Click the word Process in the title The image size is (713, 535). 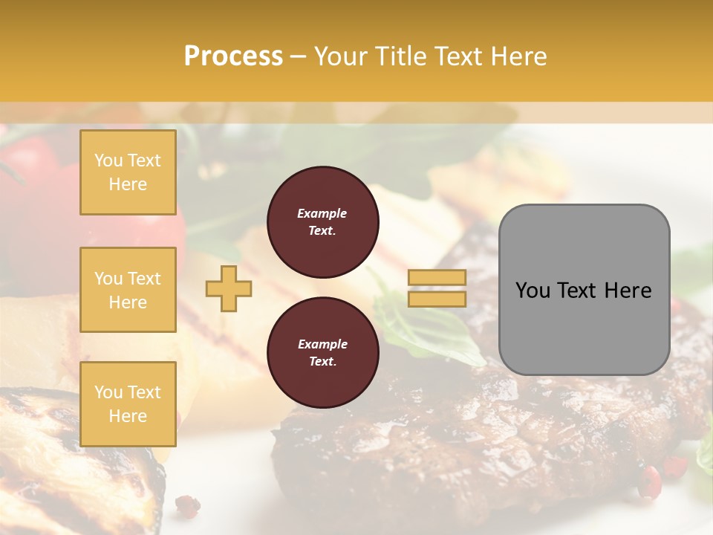(x=233, y=56)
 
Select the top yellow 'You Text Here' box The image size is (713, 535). (x=128, y=172)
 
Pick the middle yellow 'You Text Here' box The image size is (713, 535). (x=128, y=290)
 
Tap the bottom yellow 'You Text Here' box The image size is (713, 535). (x=128, y=403)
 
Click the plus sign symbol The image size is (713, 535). (x=229, y=289)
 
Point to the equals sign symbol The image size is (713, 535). (x=437, y=288)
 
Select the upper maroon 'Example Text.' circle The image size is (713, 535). (x=322, y=222)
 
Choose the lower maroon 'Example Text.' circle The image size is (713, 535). (x=322, y=353)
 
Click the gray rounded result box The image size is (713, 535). (x=584, y=290)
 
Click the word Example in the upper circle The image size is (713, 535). (x=322, y=213)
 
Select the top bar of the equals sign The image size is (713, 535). (x=437, y=278)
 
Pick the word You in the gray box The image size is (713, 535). (x=532, y=291)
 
